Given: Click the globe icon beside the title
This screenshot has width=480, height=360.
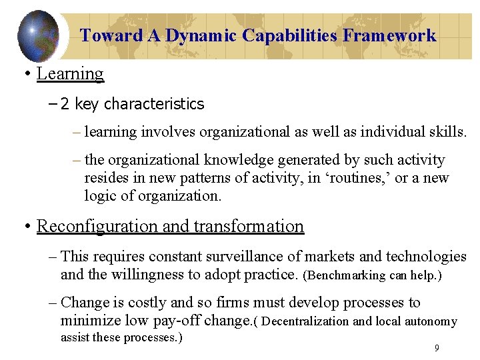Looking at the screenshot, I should pos(38,35).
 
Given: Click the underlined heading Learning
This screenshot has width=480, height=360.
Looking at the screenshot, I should pos(70,73).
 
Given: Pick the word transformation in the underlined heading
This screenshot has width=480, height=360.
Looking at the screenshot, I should pos(249,226).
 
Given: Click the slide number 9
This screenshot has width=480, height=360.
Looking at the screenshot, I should pos(436,347).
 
